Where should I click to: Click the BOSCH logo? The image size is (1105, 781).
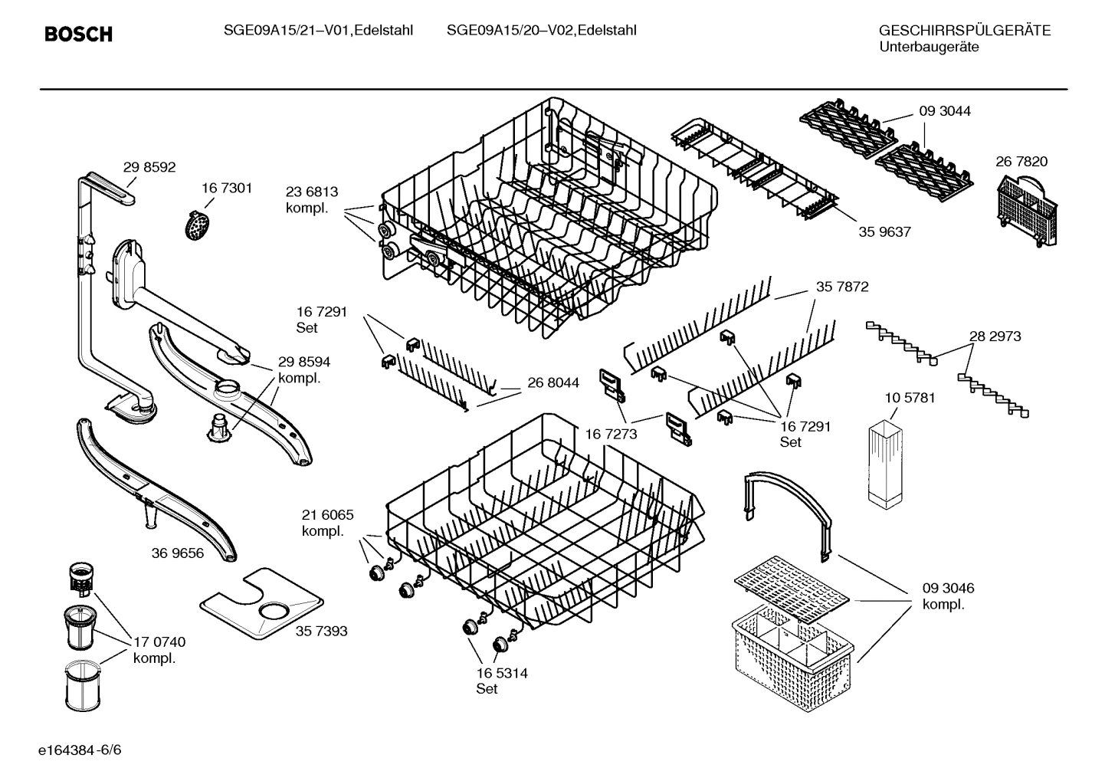coord(78,34)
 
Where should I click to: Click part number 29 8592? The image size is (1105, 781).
coord(149,167)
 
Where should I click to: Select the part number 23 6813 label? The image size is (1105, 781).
coord(312,192)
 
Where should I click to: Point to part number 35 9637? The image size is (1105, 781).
coord(884,231)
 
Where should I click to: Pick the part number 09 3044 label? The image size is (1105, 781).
coord(945,111)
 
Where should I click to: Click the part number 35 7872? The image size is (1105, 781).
coord(842,287)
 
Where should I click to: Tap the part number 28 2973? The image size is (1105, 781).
coord(995,336)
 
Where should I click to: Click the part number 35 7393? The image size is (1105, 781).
coord(321,631)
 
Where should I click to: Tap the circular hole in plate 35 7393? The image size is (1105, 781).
coord(274,610)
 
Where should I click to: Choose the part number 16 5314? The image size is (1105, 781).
coord(502,673)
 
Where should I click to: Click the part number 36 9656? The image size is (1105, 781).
coord(178,553)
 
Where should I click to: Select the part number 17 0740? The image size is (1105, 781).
coord(159,642)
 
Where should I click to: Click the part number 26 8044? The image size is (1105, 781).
coord(552,382)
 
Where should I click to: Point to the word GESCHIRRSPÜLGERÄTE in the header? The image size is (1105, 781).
coord(964,31)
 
